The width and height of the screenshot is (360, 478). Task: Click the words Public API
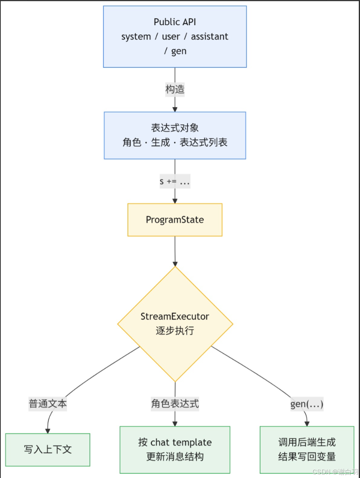[175, 22]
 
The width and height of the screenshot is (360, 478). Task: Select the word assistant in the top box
[209, 37]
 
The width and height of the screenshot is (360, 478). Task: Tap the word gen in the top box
[179, 51]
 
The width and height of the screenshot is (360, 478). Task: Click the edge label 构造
[175, 89]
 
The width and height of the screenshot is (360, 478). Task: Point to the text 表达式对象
[175, 128]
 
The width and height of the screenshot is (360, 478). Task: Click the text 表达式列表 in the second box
[203, 143]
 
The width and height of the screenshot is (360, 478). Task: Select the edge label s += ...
[168, 182]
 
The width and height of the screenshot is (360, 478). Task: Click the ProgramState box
[175, 220]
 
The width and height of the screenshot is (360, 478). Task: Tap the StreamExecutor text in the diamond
[175, 316]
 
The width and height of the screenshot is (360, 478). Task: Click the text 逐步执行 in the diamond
[175, 331]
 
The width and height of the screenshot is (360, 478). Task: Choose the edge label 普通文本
[48, 404]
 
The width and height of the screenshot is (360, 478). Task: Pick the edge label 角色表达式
[175, 404]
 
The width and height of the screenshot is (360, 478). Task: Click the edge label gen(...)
[307, 404]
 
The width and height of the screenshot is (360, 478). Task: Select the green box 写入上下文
[48, 450]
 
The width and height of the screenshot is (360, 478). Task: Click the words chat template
[181, 442]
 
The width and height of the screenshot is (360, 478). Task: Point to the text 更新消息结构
[175, 456]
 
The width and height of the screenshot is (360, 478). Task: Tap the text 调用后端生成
[307, 442]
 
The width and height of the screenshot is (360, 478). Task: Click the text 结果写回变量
[307, 456]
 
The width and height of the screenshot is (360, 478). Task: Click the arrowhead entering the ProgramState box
[175, 201]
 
